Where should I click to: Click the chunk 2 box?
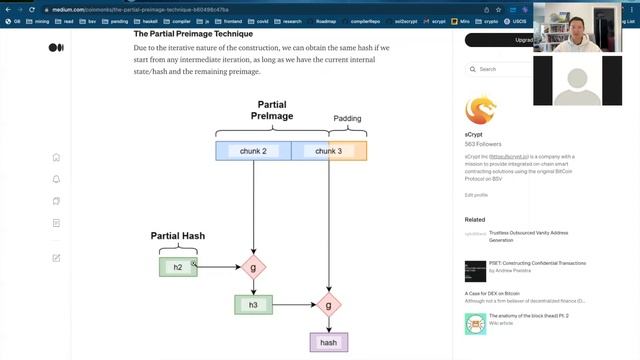click(x=253, y=151)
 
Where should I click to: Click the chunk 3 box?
click(x=329, y=151)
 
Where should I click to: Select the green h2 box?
click(x=178, y=266)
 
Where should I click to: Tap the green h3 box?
click(x=253, y=304)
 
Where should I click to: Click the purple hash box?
click(x=328, y=342)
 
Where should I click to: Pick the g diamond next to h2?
click(x=253, y=267)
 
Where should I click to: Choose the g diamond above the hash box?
click(x=328, y=304)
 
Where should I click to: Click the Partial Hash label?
click(x=178, y=236)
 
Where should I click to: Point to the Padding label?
click(x=347, y=118)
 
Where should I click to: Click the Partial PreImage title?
click(x=272, y=110)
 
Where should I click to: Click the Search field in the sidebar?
click(x=500, y=69)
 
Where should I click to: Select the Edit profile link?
click(x=476, y=195)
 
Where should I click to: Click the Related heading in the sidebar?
click(x=475, y=219)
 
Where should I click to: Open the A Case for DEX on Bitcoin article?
click(x=520, y=293)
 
